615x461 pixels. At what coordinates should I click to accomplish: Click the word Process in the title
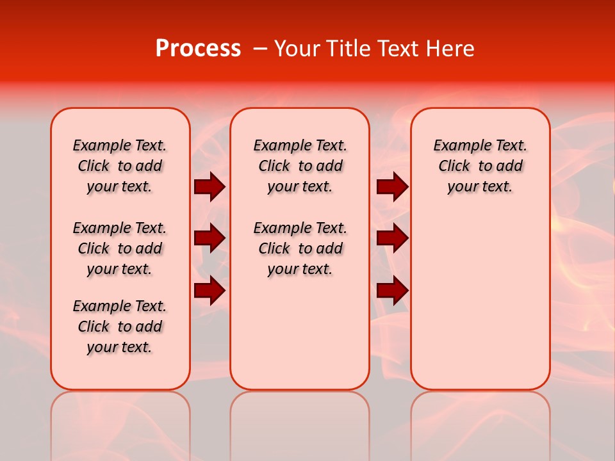[x=198, y=49]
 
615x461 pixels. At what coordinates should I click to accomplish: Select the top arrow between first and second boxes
[x=209, y=187]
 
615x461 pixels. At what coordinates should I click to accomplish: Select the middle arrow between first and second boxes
[x=209, y=239]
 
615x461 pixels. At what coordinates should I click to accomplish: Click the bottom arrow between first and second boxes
[x=209, y=291]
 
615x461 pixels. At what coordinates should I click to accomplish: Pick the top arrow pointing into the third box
[x=392, y=187]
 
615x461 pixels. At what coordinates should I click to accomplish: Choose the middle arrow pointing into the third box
[x=392, y=239]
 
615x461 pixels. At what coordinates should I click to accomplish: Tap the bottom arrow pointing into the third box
[x=392, y=291]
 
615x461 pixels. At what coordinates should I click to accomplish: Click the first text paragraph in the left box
[x=120, y=166]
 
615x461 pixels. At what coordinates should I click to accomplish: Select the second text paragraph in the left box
[x=120, y=248]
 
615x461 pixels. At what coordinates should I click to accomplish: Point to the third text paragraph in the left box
[x=120, y=327]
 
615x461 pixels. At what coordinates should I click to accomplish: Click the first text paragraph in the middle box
[x=300, y=166]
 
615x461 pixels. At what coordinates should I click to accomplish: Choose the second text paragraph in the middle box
[x=300, y=248]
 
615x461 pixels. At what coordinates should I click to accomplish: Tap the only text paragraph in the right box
[x=480, y=166]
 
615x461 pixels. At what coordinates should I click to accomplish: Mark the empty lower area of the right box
[x=480, y=295]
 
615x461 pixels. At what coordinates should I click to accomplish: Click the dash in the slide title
[x=260, y=49]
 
